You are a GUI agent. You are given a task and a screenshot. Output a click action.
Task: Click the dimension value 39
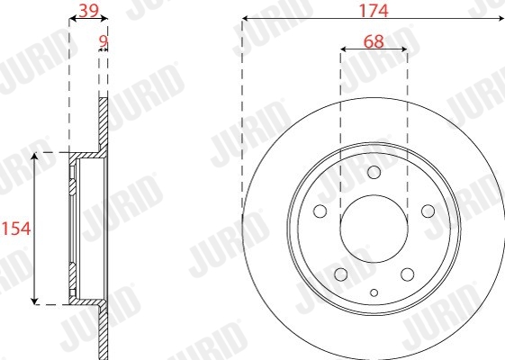[x=88, y=11]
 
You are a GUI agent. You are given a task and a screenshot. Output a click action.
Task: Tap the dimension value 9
[x=103, y=41]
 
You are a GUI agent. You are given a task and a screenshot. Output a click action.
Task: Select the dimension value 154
[x=16, y=229]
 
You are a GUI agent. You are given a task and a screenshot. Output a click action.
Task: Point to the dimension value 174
[x=374, y=10]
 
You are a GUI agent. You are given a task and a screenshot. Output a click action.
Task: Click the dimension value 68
[x=374, y=41]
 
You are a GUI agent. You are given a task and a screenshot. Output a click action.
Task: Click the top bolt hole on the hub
[x=374, y=172]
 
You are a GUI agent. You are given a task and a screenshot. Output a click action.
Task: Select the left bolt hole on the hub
[x=320, y=211]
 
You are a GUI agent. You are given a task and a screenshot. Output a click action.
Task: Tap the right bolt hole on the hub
[x=428, y=211]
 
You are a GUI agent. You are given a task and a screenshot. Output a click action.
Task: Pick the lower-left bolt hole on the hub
[x=341, y=274]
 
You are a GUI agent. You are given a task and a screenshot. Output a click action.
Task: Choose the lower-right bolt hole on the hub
[x=408, y=274]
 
